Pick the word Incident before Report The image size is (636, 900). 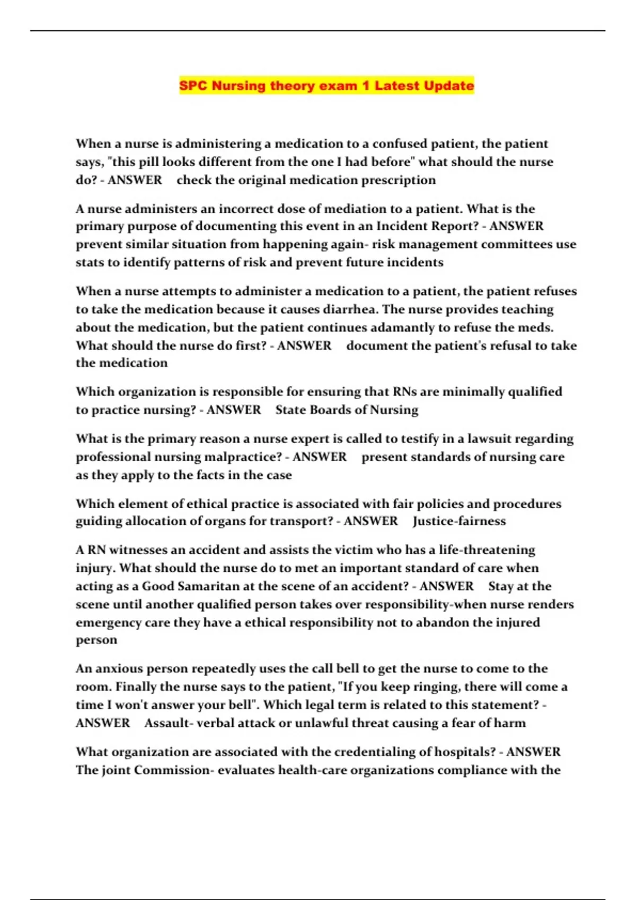click(402, 226)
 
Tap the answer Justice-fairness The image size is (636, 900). click(459, 521)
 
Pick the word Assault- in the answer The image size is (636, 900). click(167, 723)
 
